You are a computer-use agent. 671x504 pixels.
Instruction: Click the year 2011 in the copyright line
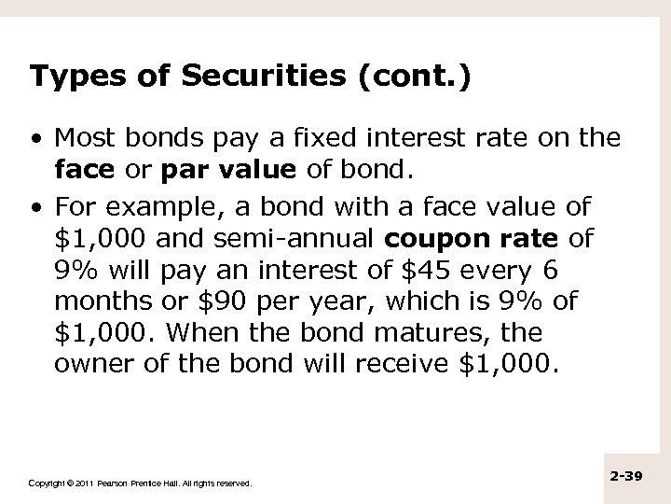click(x=77, y=483)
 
